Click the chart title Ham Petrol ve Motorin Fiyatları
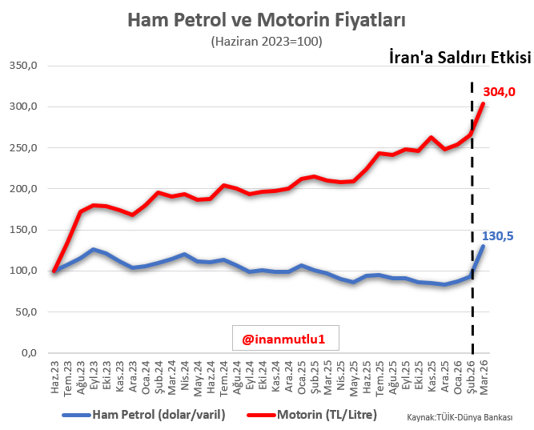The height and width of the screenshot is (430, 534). (x=267, y=18)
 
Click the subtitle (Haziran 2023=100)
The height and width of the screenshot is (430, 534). (x=267, y=41)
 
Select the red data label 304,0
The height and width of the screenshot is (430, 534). (x=498, y=92)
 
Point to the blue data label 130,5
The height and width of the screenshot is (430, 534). (x=497, y=235)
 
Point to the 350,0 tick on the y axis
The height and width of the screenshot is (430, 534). (x=22, y=66)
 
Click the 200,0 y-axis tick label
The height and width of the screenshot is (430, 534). (x=22, y=189)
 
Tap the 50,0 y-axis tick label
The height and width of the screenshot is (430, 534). (x=26, y=311)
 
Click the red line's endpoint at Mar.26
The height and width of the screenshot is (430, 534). (x=483, y=103)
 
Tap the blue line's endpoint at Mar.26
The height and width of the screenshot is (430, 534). (x=483, y=246)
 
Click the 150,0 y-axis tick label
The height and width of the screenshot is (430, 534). (x=22, y=230)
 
